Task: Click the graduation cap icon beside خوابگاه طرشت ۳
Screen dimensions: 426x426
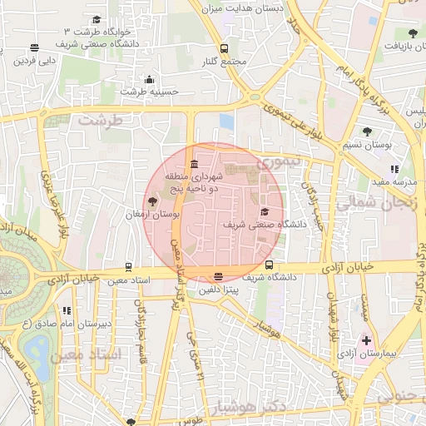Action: click(x=97, y=19)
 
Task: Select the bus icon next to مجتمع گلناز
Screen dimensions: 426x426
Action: click(x=224, y=48)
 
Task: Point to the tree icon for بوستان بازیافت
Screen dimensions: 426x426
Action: click(x=413, y=33)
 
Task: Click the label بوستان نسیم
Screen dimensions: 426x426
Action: click(x=365, y=145)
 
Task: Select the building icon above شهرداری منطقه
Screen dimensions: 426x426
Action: click(x=194, y=162)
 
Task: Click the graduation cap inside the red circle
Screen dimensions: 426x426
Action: click(x=265, y=211)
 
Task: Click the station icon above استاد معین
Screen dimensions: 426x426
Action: click(x=128, y=267)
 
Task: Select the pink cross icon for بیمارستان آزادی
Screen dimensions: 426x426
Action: click(x=366, y=341)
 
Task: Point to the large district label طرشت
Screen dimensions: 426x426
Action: click(x=100, y=120)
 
